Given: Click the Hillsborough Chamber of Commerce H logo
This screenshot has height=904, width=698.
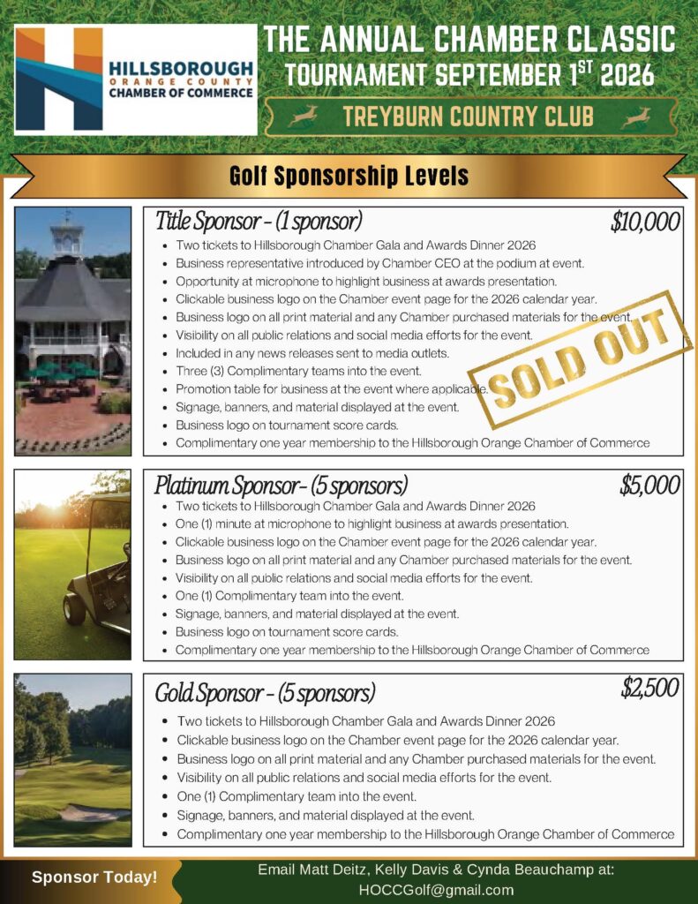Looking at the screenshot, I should pos(58,79).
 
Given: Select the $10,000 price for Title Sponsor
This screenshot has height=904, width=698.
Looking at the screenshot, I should pos(645,222).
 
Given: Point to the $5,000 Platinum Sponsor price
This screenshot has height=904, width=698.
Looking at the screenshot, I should pos(649,485).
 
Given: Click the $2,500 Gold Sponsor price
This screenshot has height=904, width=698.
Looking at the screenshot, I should pos(649,689).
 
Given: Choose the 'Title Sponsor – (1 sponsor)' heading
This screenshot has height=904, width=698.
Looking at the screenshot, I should pos(259,221).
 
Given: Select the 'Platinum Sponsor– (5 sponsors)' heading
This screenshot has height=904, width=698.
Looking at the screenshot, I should pos(281,485).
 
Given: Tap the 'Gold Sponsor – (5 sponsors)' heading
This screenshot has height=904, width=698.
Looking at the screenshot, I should pos(266,691).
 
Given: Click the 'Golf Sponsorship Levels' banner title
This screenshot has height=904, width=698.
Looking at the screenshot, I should pos(349,176).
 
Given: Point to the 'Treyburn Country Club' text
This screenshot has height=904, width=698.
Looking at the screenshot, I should pos(469,117).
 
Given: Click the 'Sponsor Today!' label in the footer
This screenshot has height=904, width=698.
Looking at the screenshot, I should pos(94,878).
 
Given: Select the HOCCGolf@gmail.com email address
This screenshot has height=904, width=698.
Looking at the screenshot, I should pos(436,889).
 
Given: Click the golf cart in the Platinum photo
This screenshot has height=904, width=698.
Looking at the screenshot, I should pos(97,574).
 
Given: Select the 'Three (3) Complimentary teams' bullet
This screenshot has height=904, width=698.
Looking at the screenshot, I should pos(298,371).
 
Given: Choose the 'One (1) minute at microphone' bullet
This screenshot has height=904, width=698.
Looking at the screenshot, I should pos(372,524).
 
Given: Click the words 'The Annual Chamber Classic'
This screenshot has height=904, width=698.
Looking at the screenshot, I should pos(469,40).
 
